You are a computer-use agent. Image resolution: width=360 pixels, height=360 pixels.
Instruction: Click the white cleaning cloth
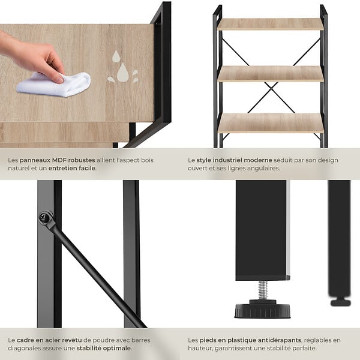54,84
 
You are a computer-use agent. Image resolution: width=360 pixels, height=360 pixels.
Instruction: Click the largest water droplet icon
122,73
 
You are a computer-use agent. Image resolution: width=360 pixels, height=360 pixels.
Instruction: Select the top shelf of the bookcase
270,25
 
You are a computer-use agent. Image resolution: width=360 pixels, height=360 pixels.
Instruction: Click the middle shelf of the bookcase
271,74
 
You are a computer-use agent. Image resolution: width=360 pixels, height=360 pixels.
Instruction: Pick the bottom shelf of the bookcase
271,123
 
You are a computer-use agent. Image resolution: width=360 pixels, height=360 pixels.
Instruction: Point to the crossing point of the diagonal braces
271,89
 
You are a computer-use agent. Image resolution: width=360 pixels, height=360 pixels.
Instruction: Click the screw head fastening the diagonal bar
44,217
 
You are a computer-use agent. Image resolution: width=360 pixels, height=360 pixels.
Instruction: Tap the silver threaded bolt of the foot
263,290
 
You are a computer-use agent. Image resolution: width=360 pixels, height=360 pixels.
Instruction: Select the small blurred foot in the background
340,302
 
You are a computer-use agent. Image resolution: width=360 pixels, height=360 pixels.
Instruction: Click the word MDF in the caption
59,160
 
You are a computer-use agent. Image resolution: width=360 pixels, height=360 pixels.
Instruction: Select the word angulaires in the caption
265,169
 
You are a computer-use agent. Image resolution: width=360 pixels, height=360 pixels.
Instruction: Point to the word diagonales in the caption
23,348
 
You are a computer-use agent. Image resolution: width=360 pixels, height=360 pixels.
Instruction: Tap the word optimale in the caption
118,348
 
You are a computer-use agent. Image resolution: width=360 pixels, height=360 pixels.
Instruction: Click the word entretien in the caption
62,168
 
